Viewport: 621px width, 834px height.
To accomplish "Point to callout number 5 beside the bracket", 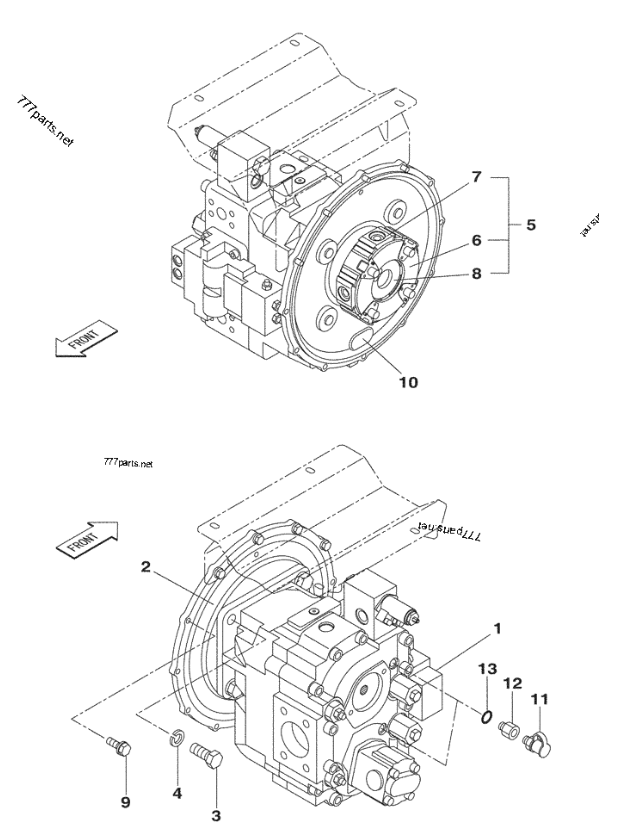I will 531,225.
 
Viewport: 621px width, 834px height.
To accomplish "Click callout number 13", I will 487,668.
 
